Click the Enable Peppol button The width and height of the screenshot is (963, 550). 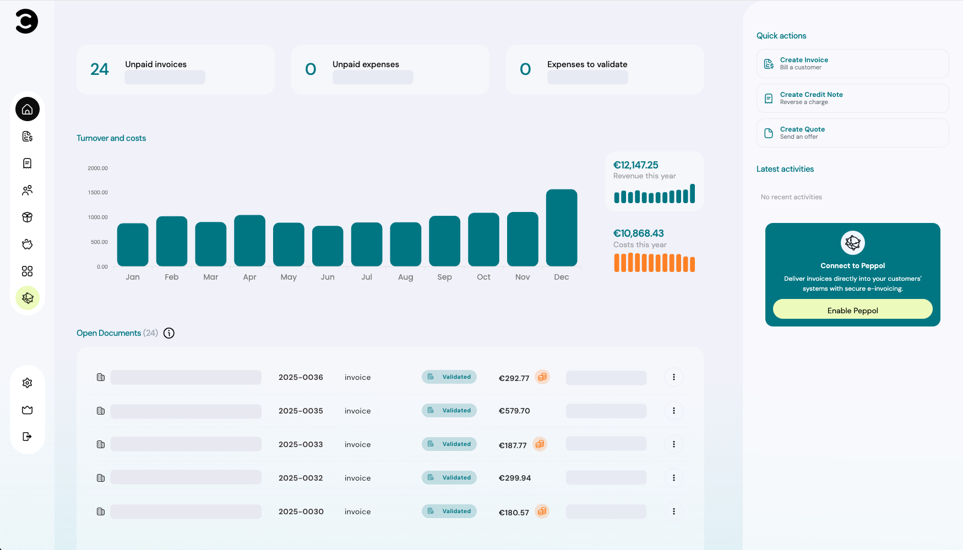click(852, 310)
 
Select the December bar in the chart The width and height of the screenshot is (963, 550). click(561, 228)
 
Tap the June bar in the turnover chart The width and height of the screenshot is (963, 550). click(328, 246)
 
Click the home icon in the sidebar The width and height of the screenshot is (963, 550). click(28, 110)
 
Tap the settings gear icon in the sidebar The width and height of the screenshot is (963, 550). click(28, 383)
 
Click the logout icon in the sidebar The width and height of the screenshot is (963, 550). click(28, 437)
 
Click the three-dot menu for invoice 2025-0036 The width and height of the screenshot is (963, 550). click(673, 377)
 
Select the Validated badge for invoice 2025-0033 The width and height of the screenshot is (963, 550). click(449, 444)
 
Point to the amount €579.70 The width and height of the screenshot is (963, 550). click(514, 411)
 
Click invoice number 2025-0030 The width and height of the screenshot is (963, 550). click(301, 511)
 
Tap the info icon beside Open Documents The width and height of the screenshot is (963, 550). click(169, 333)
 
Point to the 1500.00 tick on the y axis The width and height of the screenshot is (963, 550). click(97, 193)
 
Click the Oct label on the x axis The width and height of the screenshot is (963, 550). click(483, 277)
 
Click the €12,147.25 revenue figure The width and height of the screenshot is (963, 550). click(635, 165)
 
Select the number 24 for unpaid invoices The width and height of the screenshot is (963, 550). click(100, 69)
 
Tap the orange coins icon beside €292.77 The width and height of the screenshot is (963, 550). click(542, 377)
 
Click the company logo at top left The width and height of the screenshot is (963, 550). click(26, 21)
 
